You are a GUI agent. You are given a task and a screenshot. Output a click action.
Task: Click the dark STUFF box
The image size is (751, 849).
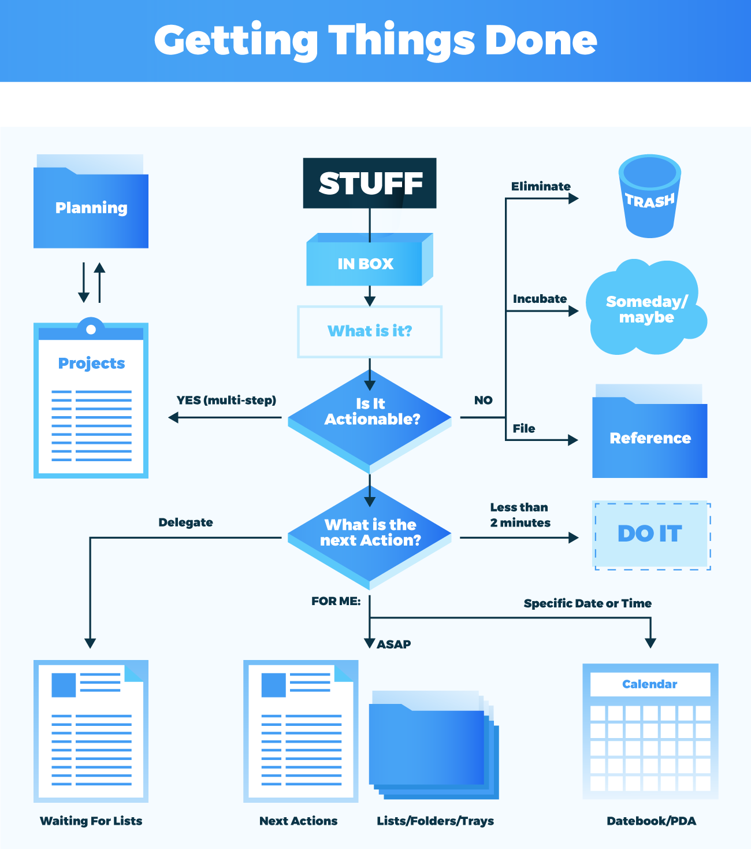370,183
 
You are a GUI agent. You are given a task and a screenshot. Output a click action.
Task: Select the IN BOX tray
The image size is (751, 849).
366,264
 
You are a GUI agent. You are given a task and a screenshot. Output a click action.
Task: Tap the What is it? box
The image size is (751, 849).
370,331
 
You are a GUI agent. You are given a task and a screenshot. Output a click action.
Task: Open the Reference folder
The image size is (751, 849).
650,438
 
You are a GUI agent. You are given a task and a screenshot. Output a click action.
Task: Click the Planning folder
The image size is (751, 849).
91,208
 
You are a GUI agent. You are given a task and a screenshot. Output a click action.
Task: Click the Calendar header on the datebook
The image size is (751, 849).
650,684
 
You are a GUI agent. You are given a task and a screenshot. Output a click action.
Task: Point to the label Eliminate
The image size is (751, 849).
541,186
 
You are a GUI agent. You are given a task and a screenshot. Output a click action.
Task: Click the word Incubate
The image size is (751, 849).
540,299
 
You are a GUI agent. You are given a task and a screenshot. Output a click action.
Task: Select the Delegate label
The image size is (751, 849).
185,522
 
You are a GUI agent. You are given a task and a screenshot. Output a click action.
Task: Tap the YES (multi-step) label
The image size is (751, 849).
226,400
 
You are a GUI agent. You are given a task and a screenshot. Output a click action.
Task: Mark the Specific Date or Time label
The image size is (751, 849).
588,603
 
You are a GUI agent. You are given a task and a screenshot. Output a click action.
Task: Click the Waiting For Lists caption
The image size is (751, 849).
91,821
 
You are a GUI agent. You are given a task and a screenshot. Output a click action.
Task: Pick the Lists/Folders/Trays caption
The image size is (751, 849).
436,821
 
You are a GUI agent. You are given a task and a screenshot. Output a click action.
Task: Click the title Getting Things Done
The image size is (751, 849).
375,40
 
